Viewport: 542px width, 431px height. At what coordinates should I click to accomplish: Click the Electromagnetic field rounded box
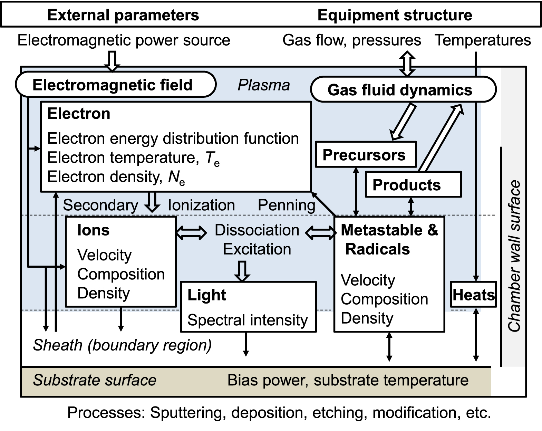(x=116, y=85)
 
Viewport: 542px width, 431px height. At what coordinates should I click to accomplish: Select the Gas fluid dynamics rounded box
(x=403, y=90)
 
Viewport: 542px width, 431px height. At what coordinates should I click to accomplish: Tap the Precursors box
(x=366, y=155)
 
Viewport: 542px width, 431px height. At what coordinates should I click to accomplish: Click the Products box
(x=413, y=185)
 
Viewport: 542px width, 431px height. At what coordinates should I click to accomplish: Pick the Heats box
(x=473, y=295)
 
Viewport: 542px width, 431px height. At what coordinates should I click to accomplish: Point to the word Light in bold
(x=206, y=295)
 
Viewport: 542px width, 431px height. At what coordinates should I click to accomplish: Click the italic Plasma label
(x=264, y=85)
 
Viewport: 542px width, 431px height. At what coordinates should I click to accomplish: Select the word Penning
(x=287, y=205)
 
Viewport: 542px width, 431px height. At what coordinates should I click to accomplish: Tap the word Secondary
(x=100, y=205)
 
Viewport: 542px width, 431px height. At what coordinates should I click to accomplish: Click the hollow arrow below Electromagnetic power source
(x=112, y=61)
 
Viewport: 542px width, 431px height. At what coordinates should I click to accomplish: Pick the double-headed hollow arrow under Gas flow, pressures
(x=407, y=64)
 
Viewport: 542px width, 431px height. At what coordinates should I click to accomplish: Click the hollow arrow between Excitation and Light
(x=242, y=271)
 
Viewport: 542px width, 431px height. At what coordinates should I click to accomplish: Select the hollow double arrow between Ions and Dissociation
(x=191, y=232)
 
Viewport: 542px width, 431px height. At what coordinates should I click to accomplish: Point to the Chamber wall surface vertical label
(x=514, y=256)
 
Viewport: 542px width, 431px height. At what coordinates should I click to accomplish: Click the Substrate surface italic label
(x=95, y=380)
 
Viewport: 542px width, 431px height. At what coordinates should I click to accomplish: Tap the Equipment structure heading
(x=395, y=15)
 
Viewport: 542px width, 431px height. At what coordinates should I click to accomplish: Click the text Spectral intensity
(x=247, y=320)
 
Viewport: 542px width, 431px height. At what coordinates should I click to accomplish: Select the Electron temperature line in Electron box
(x=133, y=158)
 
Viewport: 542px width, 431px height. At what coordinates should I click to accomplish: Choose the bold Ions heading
(x=93, y=230)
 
